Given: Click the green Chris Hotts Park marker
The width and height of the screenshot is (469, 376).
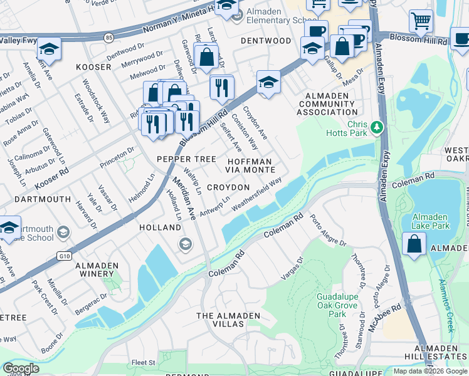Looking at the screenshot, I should tap(376, 128).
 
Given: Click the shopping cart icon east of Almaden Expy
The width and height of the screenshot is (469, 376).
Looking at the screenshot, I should tap(421, 21).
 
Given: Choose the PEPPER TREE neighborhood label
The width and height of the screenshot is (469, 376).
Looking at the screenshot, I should tap(186, 159).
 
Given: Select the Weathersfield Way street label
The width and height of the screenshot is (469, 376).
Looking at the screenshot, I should tap(256, 195).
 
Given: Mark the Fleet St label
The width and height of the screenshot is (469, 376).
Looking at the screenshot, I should tap(144, 362).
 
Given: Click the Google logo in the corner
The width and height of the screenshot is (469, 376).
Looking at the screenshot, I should tap(21, 368).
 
